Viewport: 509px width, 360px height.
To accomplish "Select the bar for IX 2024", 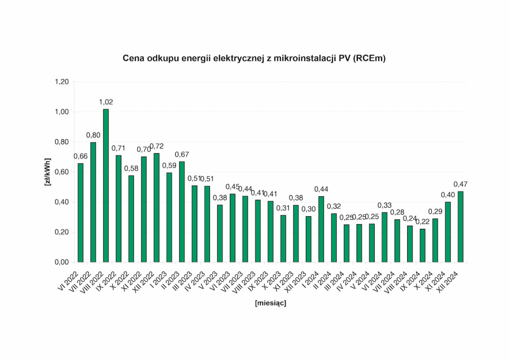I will point(422,245).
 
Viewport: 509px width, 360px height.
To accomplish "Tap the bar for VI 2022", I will point(80,213).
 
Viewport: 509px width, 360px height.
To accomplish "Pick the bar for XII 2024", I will point(461,226).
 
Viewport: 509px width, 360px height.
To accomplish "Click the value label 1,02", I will point(106,102).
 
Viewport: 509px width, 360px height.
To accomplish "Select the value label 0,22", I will point(422,221).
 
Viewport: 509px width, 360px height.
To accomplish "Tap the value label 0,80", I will point(93,135).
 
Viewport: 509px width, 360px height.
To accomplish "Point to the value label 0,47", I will point(461,184).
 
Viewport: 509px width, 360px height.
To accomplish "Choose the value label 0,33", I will point(385,205).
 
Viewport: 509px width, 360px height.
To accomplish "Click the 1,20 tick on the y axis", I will point(62,82).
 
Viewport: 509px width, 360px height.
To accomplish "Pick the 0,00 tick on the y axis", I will point(62,262).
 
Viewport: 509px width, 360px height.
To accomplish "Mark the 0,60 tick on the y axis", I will point(62,172).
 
